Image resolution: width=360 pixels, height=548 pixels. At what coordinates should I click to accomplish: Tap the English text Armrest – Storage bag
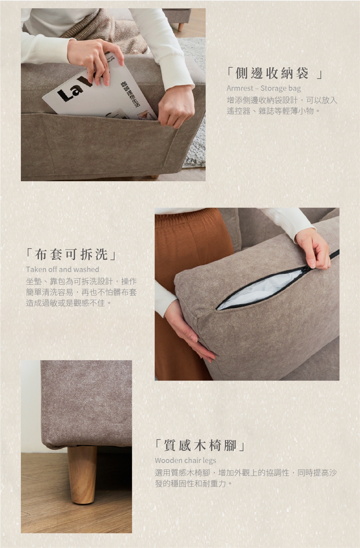pyautogui.click(x=264, y=88)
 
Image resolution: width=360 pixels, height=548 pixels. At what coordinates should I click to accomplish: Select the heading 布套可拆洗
pyautogui.click(x=71, y=254)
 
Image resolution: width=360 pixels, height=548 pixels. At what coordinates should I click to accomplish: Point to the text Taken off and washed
pyautogui.click(x=62, y=269)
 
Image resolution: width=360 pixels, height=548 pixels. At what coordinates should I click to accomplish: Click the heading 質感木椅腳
pyautogui.click(x=200, y=445)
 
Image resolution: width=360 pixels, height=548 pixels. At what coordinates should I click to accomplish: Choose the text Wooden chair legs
pyautogui.click(x=185, y=461)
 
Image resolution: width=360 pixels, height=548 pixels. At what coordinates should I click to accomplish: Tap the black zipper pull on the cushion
pyautogui.click(x=307, y=268)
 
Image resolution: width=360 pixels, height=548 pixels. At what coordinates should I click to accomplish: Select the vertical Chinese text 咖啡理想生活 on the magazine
pyautogui.click(x=130, y=95)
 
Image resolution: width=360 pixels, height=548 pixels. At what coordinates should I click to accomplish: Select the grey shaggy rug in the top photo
pyautogui.click(x=195, y=103)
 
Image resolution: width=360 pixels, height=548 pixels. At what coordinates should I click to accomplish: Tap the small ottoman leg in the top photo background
pyautogui.click(x=181, y=27)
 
